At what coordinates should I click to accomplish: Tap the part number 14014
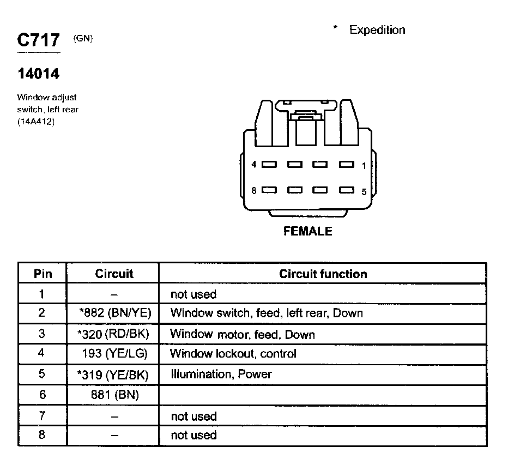(38, 73)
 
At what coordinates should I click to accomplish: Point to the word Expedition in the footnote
(377, 30)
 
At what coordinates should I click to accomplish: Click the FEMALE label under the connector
(307, 231)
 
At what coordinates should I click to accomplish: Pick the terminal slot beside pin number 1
(347, 164)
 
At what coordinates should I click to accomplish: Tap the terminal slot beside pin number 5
(347, 190)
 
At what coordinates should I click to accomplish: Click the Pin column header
(43, 274)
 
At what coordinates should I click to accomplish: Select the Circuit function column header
(323, 274)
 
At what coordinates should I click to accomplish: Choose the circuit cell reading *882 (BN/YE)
(115, 313)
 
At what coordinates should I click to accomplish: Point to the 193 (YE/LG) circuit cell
(115, 354)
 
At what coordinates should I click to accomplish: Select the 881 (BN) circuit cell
(115, 395)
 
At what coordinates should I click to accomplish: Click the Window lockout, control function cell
(233, 354)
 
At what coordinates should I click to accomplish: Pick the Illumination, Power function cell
(221, 375)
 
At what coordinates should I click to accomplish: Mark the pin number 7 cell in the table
(42, 415)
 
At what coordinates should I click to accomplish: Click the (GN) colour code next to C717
(82, 39)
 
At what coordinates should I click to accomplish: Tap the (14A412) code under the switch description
(35, 122)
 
